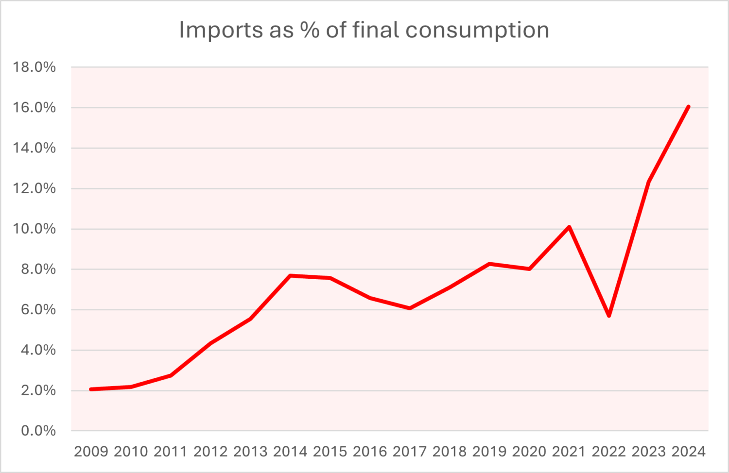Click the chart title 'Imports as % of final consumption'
364,30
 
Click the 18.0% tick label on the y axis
35,67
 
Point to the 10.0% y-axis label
35,229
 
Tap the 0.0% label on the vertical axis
38,431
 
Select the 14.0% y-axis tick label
35,148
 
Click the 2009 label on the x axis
91,452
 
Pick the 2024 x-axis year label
688,452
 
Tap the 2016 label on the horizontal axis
370,452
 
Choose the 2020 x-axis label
529,452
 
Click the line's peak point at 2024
688,107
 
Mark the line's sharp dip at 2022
609,316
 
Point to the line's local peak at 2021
569,227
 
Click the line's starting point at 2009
91,389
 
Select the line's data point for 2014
290,276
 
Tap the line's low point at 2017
410,308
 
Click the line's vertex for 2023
649,182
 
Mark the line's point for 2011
171,375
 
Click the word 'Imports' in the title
213,30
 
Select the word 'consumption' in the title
477,30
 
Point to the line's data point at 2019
489,264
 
